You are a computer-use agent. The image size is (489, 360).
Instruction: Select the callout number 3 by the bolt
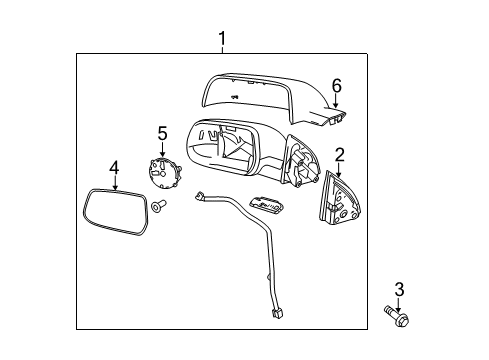click(399, 290)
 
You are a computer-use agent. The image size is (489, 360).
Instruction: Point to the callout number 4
click(114, 167)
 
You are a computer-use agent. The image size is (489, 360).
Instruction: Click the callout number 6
click(336, 87)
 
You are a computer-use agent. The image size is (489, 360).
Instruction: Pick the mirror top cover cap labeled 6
click(270, 100)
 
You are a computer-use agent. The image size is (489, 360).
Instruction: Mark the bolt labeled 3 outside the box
click(397, 320)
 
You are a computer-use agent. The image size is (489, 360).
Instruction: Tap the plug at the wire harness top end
click(201, 198)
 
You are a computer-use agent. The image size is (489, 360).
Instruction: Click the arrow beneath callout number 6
click(336, 102)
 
